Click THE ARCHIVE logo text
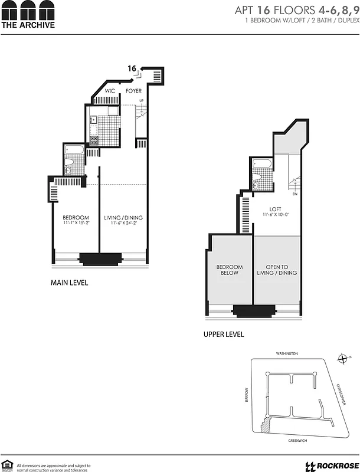(28, 25)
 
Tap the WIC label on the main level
(110, 91)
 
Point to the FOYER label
(133, 91)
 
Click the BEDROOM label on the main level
(76, 218)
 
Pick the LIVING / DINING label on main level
(123, 218)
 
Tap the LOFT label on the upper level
(276, 209)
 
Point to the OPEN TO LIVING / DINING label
(277, 270)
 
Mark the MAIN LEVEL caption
(70, 283)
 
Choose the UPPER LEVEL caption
(224, 335)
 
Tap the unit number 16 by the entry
(132, 68)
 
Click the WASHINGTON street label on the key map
(287, 353)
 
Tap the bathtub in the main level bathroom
(74, 149)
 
